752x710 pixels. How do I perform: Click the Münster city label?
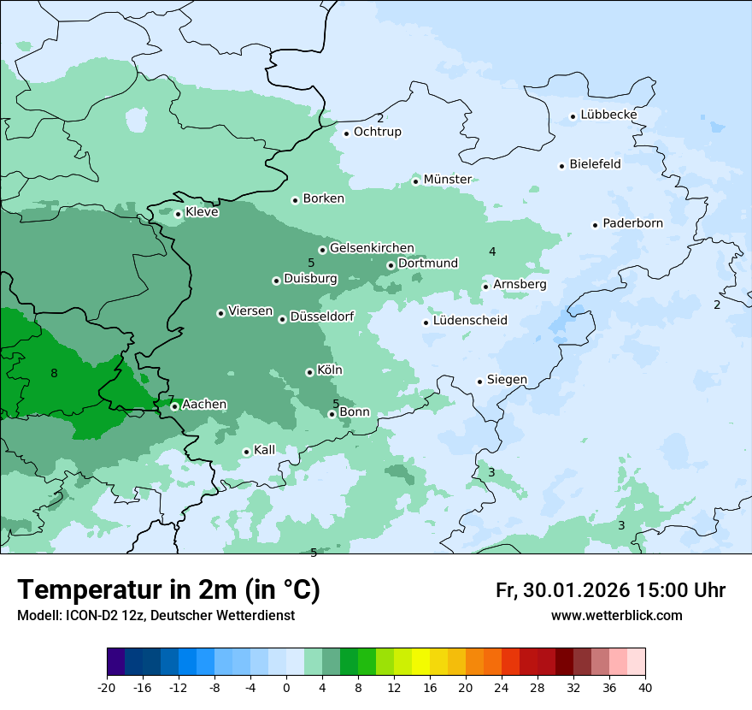(x=447, y=179)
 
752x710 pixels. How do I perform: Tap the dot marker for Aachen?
(x=174, y=406)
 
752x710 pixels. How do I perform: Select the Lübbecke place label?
(x=608, y=115)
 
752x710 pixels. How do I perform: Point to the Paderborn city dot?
(x=595, y=225)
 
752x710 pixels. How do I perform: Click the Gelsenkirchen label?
(x=372, y=248)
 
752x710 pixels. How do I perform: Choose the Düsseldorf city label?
(x=322, y=317)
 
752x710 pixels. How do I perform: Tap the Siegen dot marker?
(x=480, y=382)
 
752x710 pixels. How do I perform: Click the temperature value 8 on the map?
(x=54, y=373)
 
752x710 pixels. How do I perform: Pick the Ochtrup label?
(x=377, y=132)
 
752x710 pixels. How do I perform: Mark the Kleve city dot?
(x=178, y=214)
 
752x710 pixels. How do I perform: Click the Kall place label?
(x=264, y=449)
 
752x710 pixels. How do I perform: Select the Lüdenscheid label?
(x=470, y=321)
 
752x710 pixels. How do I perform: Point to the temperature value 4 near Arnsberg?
(x=492, y=251)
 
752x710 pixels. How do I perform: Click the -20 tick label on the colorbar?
(x=107, y=687)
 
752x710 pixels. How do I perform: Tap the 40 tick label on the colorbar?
(x=645, y=687)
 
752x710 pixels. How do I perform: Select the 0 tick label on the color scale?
(x=286, y=687)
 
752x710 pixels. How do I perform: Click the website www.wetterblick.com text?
(x=616, y=615)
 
